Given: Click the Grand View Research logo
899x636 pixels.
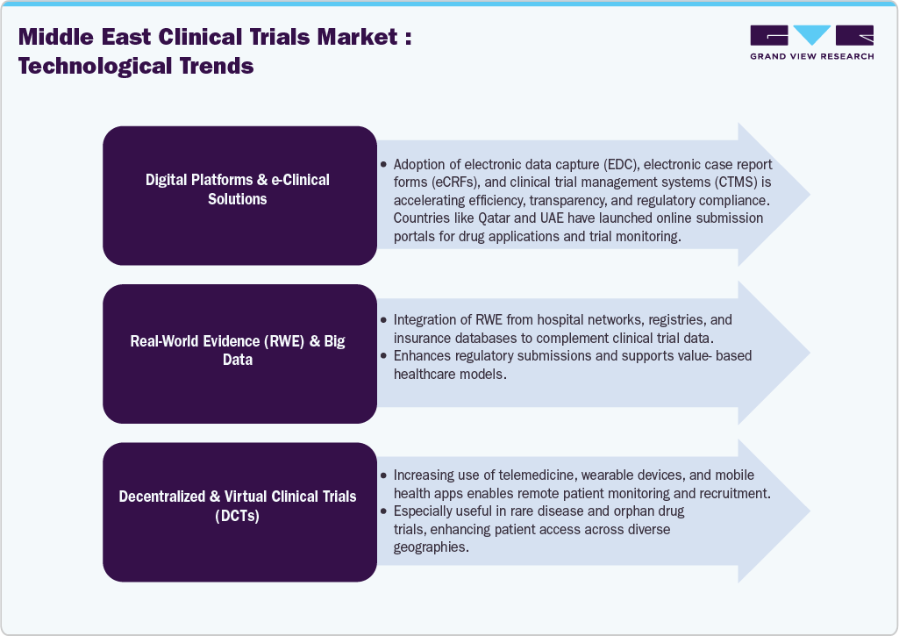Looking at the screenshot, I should [811, 42].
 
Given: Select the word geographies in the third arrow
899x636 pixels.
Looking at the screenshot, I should [425, 547].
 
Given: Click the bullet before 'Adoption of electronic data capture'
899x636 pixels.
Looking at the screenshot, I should [383, 165].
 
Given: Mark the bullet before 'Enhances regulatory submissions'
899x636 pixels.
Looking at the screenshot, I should [383, 356].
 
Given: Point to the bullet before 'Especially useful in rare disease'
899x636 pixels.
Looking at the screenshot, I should [383, 511].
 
